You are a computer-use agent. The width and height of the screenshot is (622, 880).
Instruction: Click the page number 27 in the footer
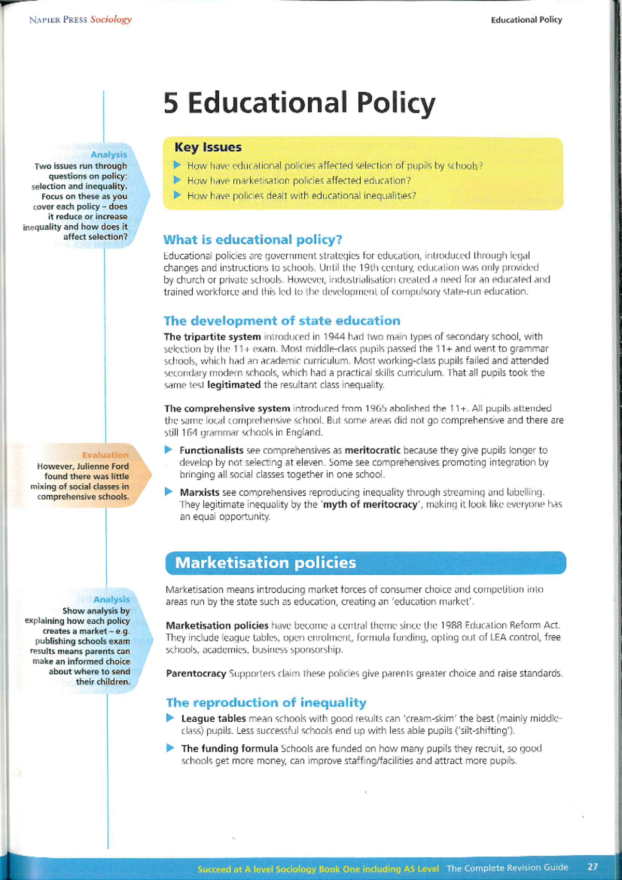click(x=592, y=867)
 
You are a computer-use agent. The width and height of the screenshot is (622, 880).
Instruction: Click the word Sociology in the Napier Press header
click(x=111, y=20)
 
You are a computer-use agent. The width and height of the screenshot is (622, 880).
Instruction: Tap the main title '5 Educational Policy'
click(x=299, y=103)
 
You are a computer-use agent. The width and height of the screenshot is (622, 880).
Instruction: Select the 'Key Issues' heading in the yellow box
click(x=208, y=147)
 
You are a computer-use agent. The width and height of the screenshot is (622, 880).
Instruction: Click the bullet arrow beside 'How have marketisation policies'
click(x=177, y=180)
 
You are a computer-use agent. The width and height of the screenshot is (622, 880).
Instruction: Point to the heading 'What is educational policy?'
click(x=252, y=240)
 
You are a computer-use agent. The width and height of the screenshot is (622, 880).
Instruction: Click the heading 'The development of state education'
click(x=282, y=320)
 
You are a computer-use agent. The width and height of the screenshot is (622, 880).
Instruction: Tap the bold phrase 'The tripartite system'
click(x=212, y=337)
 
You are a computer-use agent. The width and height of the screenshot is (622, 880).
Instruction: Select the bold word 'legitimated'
click(x=234, y=385)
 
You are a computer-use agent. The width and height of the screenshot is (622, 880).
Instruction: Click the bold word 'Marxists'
click(x=200, y=492)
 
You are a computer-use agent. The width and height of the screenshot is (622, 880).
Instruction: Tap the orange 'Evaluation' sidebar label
click(x=105, y=455)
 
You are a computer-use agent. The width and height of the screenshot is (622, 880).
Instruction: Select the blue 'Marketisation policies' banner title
click(x=265, y=563)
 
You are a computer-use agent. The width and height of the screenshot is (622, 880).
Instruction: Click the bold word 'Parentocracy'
click(x=196, y=673)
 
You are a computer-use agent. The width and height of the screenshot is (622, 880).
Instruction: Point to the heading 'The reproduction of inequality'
click(x=266, y=703)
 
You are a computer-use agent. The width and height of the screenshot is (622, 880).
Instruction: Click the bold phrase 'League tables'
click(x=213, y=718)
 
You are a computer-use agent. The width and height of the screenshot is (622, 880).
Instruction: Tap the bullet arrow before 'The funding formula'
click(x=171, y=748)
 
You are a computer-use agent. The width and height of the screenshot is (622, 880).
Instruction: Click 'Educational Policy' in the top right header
click(x=526, y=20)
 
